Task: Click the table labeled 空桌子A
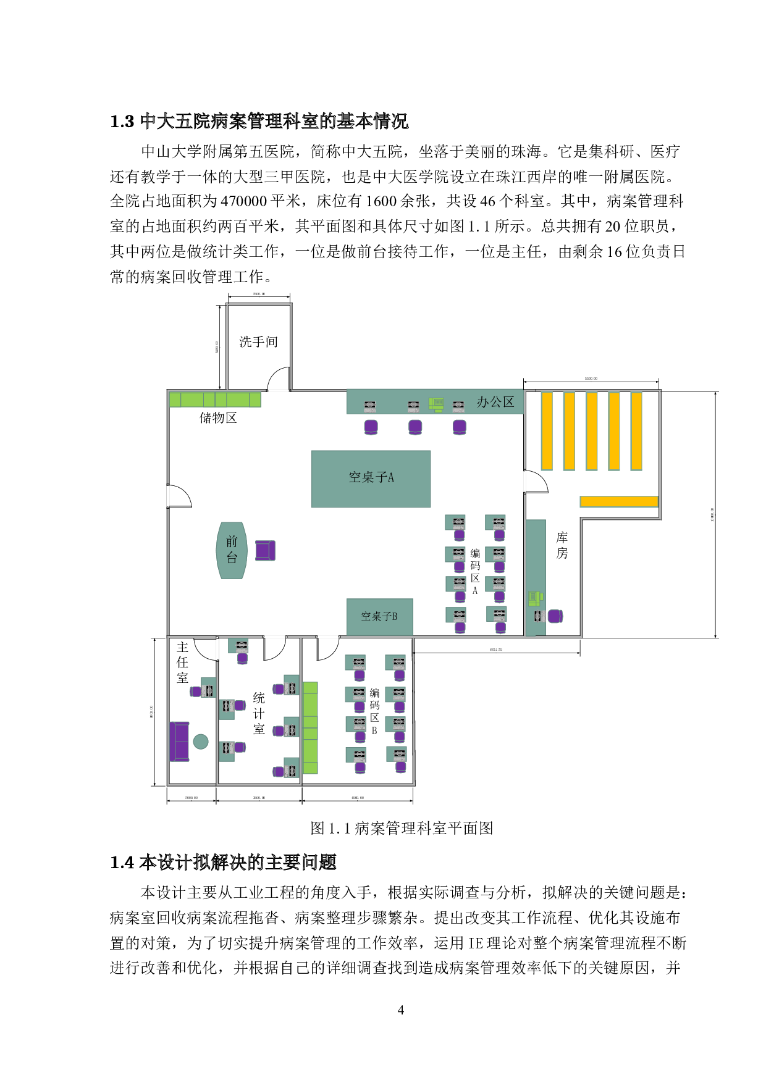pyautogui.click(x=371, y=479)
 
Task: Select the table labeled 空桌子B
pyautogui.click(x=379, y=617)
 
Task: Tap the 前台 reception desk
pyautogui.click(x=232, y=550)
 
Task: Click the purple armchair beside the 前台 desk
pyautogui.click(x=265, y=550)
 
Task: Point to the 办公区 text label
pyautogui.click(x=495, y=402)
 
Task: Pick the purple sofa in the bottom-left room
pyautogui.click(x=180, y=741)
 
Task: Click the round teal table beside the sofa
pyautogui.click(x=201, y=742)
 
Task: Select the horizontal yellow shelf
pyautogui.click(x=619, y=501)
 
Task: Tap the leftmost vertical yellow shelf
pyautogui.click(x=547, y=430)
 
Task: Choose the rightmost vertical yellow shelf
pyautogui.click(x=636, y=430)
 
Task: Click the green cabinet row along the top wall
pyautogui.click(x=215, y=400)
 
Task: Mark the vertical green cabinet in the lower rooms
pyautogui.click(x=310, y=727)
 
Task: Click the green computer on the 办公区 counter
pyautogui.click(x=437, y=404)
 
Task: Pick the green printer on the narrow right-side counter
pyautogui.click(x=535, y=598)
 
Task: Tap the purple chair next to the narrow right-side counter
pyautogui.click(x=555, y=616)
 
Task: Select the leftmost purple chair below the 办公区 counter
pyautogui.click(x=371, y=426)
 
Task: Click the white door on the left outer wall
pyautogui.click(x=168, y=495)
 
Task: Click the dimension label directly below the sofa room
pyautogui.click(x=192, y=798)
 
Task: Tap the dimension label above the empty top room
pyautogui.click(x=259, y=294)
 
